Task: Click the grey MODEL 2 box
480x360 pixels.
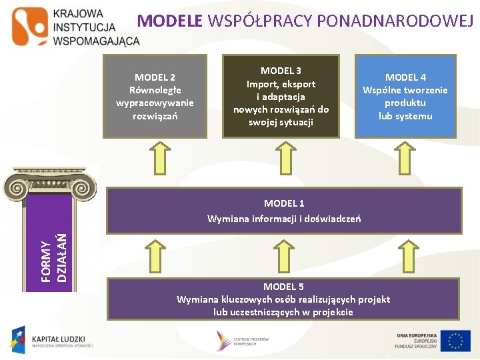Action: tap(155, 96)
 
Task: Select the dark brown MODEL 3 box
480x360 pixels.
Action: tap(281, 96)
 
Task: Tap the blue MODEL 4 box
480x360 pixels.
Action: tap(405, 96)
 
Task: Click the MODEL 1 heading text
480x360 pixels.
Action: tap(284, 203)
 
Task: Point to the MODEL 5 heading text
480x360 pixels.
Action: tap(283, 287)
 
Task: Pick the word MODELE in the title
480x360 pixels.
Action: tap(169, 21)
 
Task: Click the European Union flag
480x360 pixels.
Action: tap(456, 341)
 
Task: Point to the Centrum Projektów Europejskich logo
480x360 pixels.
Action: tap(241, 340)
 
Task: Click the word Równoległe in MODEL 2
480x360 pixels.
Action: tap(155, 90)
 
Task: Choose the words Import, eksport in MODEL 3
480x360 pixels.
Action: tap(281, 84)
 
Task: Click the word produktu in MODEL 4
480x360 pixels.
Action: tap(405, 103)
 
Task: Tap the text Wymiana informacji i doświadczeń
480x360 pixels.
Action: tap(284, 218)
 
